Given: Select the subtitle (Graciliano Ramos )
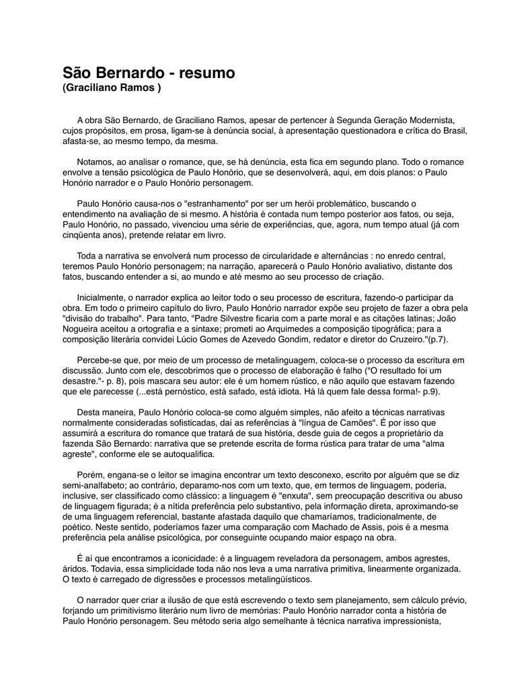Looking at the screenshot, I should (x=112, y=89).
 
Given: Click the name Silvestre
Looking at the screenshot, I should (x=250, y=318).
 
